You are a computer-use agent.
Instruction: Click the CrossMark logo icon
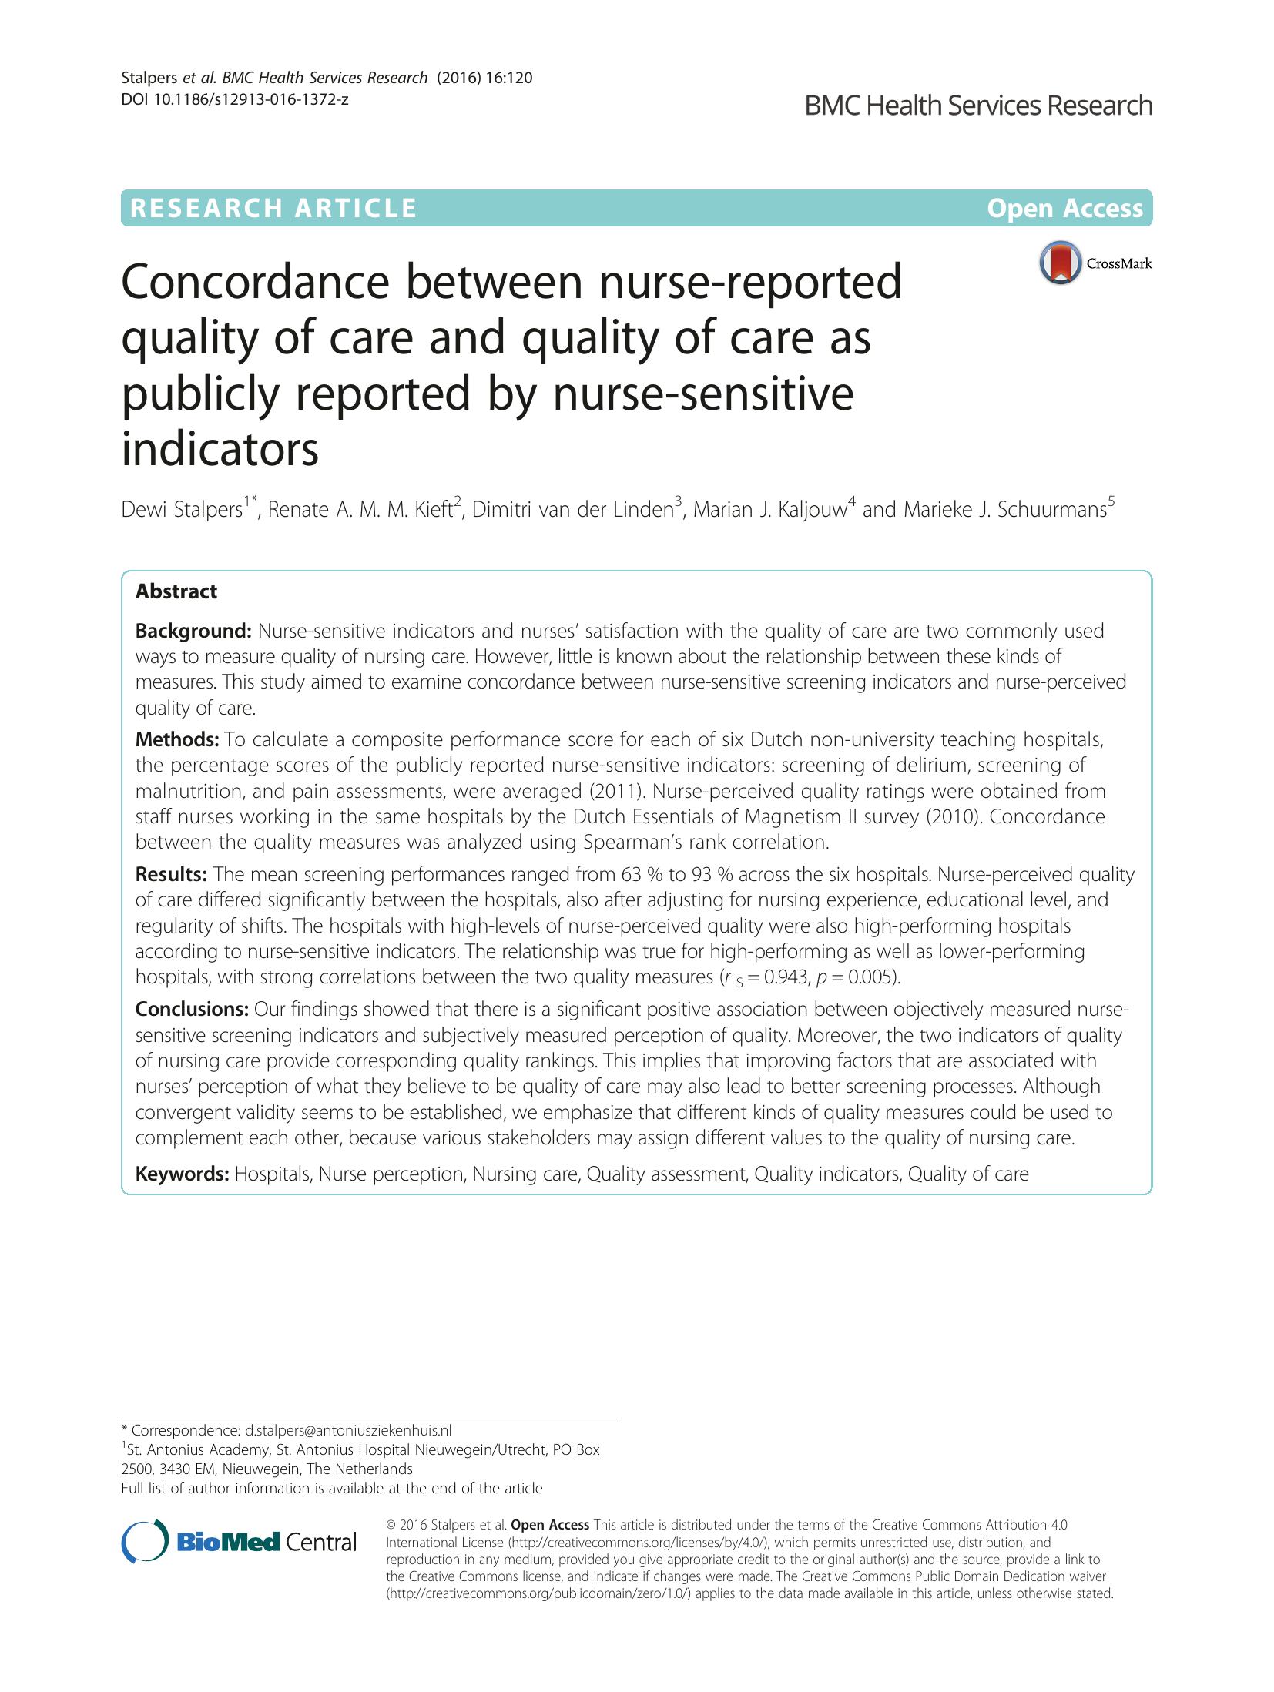(1060, 263)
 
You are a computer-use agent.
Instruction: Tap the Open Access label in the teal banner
(1064, 208)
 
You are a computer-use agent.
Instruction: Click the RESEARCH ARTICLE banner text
(273, 208)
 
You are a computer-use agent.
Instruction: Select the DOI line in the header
(235, 99)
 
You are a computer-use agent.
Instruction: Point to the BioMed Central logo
(240, 1541)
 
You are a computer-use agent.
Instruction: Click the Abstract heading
(176, 591)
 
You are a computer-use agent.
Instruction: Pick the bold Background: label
(193, 631)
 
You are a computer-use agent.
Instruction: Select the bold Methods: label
(177, 739)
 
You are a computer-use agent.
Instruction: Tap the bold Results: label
(171, 874)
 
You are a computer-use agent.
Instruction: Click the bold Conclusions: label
(192, 1009)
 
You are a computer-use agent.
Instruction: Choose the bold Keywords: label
(182, 1174)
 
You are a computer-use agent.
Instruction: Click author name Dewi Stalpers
(182, 510)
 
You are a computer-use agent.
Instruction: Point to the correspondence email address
(348, 1430)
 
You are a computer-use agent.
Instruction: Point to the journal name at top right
(978, 106)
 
